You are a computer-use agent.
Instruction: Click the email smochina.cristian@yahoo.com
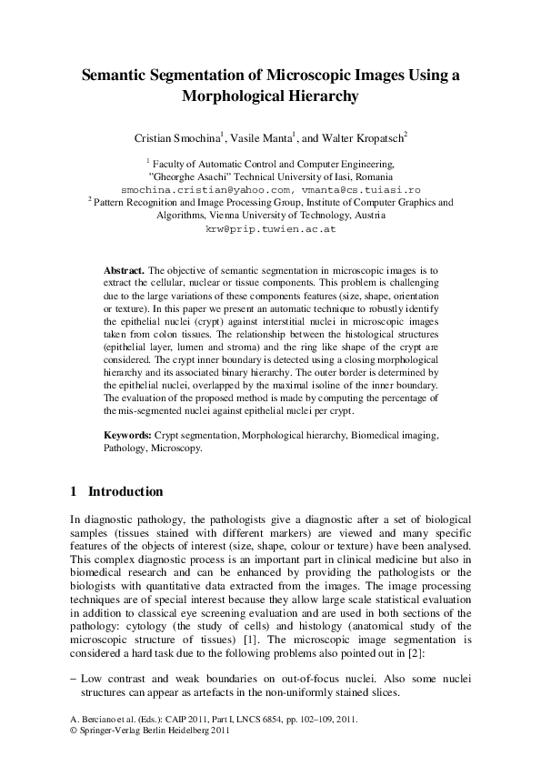198,190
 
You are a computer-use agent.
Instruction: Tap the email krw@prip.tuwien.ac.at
271,230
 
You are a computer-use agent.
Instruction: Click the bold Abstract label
124,271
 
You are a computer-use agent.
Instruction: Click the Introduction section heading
125,491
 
